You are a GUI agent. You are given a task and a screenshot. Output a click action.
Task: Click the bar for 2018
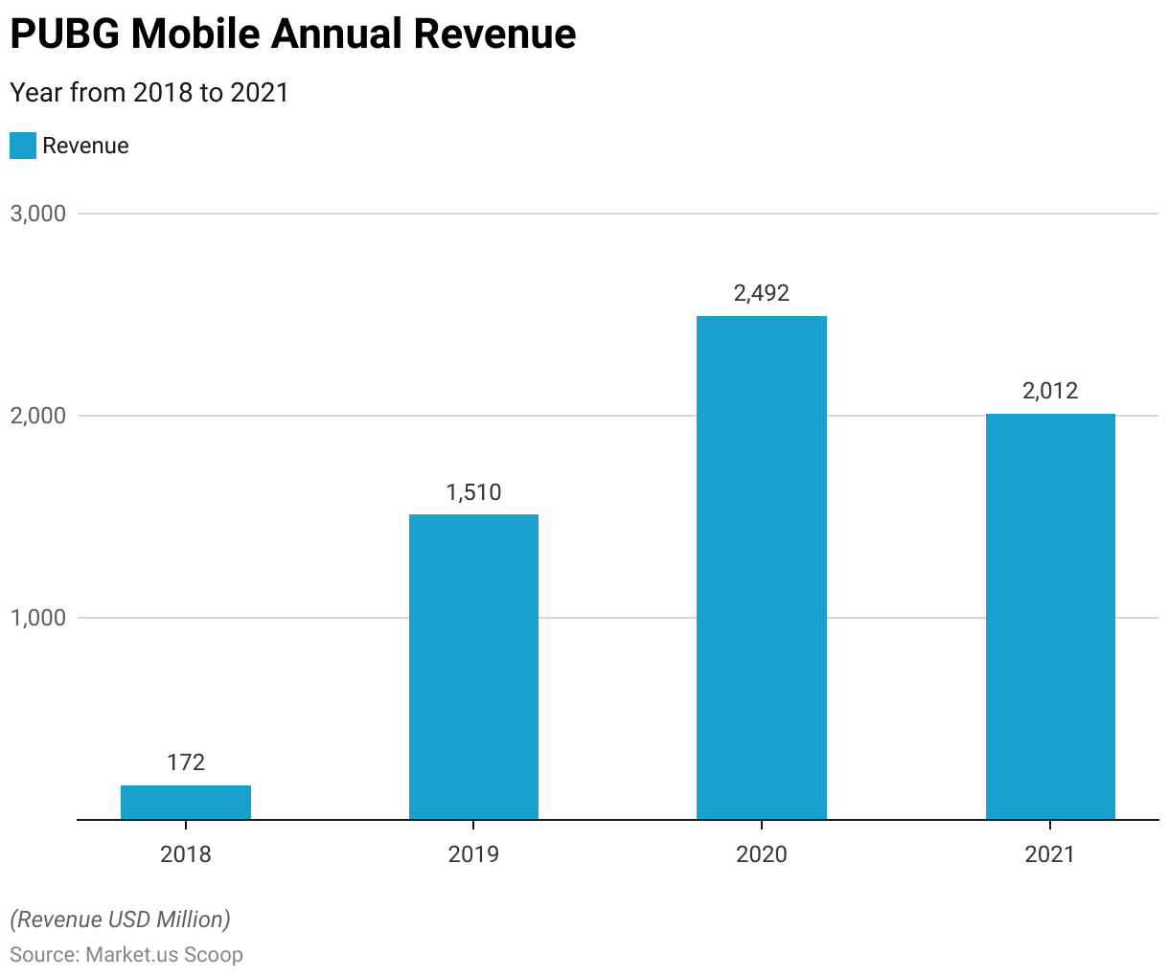pos(186,803)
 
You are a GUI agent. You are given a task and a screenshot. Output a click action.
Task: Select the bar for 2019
pos(473,667)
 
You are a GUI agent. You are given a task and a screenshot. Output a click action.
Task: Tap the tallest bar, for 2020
pos(762,567)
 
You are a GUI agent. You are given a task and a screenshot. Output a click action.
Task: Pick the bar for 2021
pos(1050,616)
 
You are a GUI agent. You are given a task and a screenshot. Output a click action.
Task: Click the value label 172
pos(186,762)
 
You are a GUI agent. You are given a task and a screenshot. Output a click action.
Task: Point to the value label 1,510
pos(473,492)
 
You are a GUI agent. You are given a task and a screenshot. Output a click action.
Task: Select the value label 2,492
pos(762,293)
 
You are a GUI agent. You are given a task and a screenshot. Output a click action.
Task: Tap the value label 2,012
pos(1050,391)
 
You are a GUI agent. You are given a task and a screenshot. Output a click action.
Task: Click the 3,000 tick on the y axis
pos(38,214)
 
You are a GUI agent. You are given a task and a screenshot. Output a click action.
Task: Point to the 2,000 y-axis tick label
pos(38,416)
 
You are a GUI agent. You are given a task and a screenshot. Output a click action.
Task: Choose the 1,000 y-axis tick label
pos(38,618)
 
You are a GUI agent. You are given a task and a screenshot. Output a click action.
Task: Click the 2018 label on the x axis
pos(186,853)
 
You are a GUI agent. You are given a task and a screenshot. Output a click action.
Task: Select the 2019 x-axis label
pos(473,853)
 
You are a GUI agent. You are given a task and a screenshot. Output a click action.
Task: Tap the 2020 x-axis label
pos(762,853)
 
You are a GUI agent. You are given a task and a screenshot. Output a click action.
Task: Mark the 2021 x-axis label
pos(1050,853)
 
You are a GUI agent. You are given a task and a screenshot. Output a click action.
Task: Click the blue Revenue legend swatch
pos(23,146)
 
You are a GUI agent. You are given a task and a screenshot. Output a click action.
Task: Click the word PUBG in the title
pos(65,34)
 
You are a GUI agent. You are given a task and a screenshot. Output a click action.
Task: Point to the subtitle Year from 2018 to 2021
pos(149,92)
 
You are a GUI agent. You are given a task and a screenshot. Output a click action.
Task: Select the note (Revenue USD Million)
pos(120,920)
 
